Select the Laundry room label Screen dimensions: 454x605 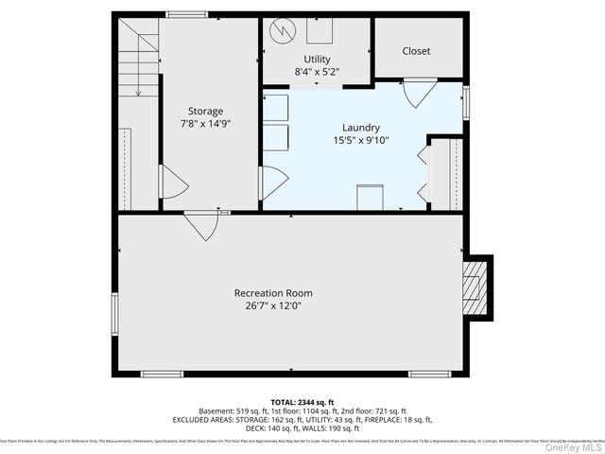360,128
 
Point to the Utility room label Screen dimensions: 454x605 317,59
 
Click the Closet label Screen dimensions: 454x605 416,51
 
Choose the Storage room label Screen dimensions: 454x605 205,111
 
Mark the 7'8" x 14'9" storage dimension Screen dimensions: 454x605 205,123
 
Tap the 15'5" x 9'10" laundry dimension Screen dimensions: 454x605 360,140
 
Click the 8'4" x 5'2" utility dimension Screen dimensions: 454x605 317,71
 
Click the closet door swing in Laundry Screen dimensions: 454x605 420,93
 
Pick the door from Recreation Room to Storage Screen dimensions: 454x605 199,226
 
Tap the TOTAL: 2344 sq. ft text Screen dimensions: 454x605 303,402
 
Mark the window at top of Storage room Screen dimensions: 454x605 183,13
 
